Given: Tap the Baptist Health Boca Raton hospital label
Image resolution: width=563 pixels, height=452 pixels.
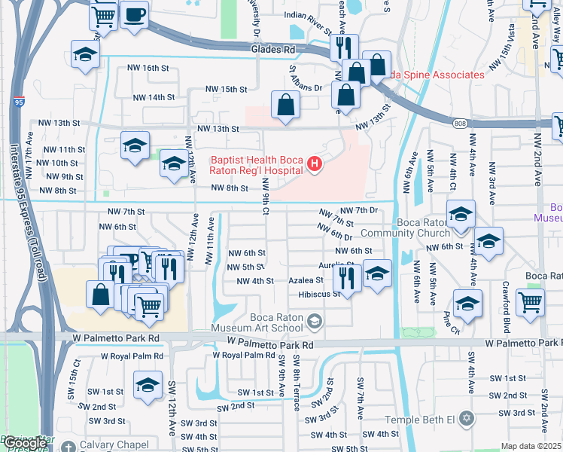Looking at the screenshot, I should [258, 164].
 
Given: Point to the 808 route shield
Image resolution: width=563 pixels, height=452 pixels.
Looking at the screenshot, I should [459, 122].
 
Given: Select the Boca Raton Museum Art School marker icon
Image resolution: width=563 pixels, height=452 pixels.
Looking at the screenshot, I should [314, 323].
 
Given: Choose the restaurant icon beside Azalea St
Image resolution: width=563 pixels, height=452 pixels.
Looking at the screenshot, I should [347, 276].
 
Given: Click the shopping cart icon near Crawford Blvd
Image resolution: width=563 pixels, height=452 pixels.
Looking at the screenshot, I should [531, 302].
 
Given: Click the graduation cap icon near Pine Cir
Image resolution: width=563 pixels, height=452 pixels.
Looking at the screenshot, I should [467, 304].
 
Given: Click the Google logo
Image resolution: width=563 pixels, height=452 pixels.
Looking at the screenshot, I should [25, 443].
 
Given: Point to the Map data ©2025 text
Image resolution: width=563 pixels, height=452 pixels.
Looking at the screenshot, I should [531, 446].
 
